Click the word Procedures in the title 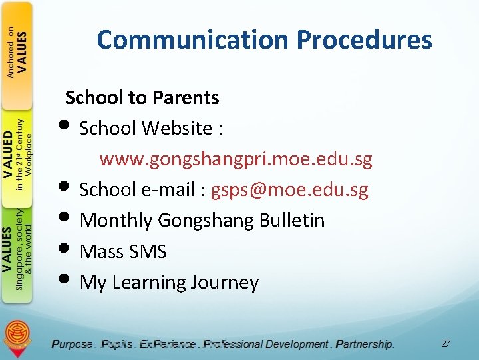click(x=365, y=40)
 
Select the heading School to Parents click(x=142, y=97)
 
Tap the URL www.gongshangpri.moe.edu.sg click(x=236, y=159)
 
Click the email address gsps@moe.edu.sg click(x=289, y=190)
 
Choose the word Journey click(x=224, y=283)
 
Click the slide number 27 click(x=445, y=343)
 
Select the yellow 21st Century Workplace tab click(x=17, y=157)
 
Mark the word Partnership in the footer click(x=364, y=344)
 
